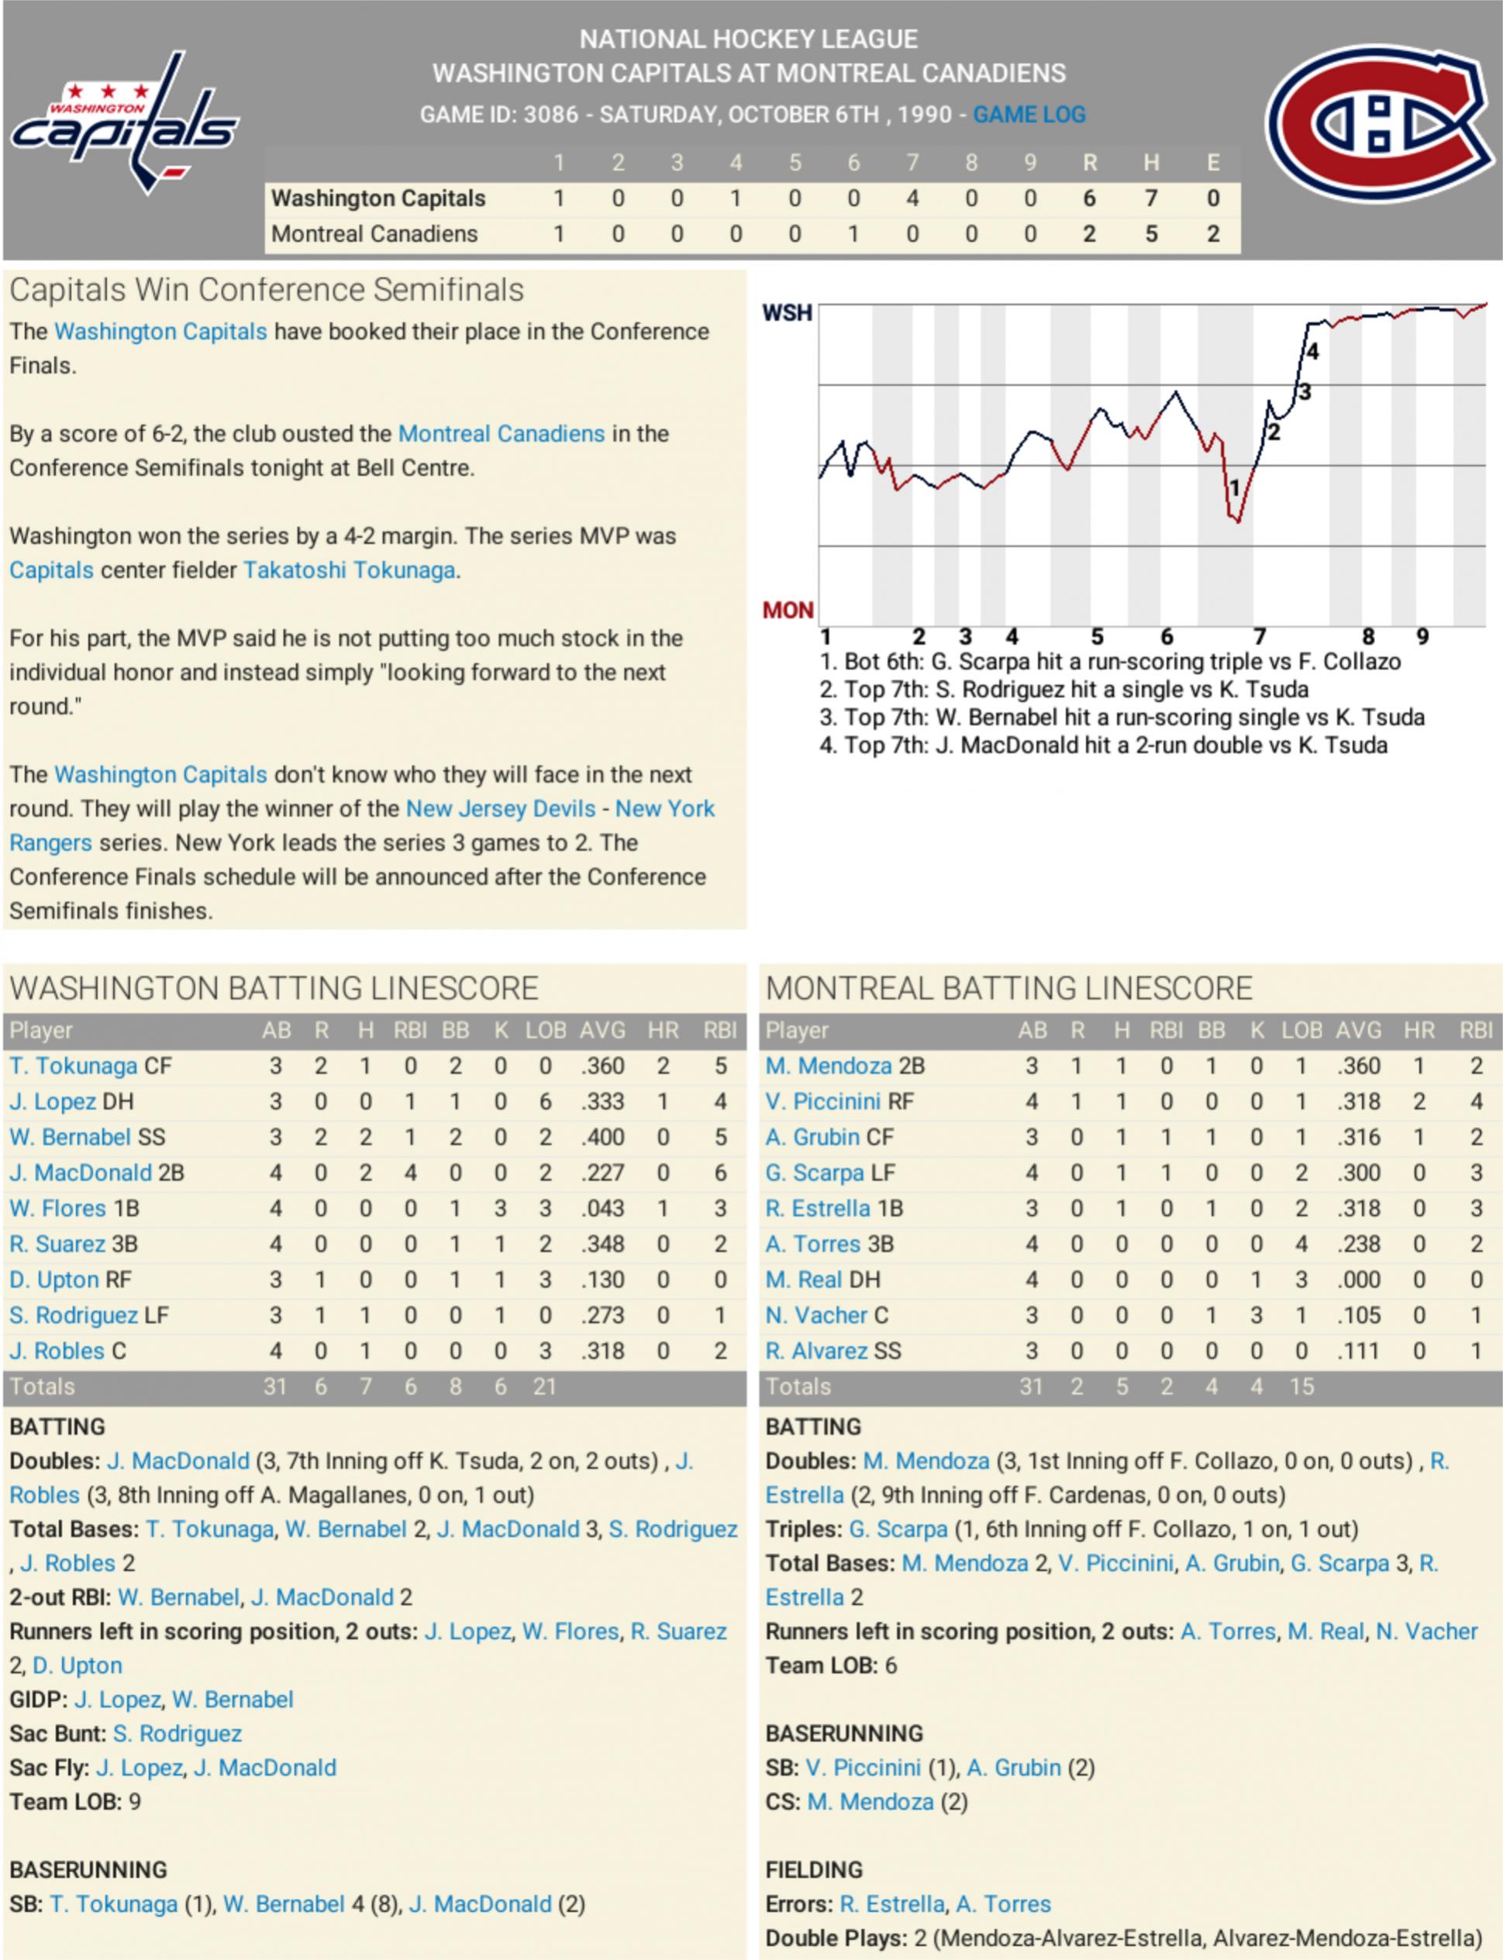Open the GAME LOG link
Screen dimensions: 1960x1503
(x=1029, y=115)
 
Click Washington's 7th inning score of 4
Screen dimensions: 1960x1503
(x=912, y=198)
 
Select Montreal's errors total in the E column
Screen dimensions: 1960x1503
(x=1212, y=233)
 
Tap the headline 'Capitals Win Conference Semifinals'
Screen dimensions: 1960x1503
(x=267, y=290)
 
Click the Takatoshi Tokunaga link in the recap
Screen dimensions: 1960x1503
(x=349, y=570)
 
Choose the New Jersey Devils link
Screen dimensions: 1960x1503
(x=500, y=808)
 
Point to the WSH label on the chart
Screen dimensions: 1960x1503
(x=787, y=312)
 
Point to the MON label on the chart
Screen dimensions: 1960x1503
(x=788, y=610)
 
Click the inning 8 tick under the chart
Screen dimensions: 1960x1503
(x=1368, y=636)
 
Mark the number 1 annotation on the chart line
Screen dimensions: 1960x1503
(x=1235, y=488)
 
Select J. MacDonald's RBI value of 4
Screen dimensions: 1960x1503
(x=410, y=1172)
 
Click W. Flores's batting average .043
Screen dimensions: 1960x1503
(x=602, y=1207)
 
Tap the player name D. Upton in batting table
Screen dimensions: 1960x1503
(x=53, y=1280)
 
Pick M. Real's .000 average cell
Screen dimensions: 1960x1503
(x=1358, y=1280)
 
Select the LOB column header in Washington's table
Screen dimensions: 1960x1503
(x=545, y=1031)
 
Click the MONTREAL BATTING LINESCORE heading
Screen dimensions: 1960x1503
(x=1008, y=987)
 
